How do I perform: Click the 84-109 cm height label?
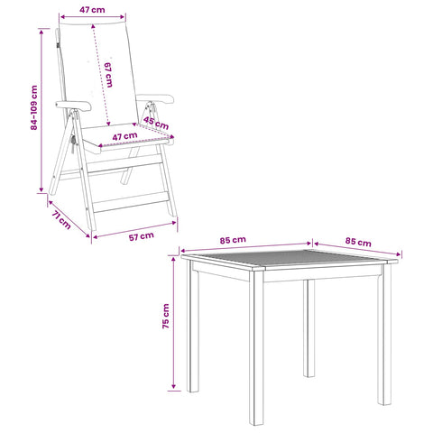pyautogui.click(x=34, y=107)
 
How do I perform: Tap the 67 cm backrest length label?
pyautogui.click(x=108, y=75)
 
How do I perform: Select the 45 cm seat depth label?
pyautogui.click(x=156, y=123)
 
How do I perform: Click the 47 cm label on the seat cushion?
pyautogui.click(x=124, y=136)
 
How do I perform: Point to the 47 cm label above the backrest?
pyautogui.click(x=92, y=10)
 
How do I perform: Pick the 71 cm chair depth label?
pyautogui.click(x=61, y=220)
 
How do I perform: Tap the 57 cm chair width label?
pyautogui.click(x=142, y=236)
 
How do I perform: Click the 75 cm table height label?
pyautogui.click(x=166, y=316)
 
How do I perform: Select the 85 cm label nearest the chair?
pyautogui.click(x=233, y=240)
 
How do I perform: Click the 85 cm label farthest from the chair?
pyautogui.click(x=358, y=242)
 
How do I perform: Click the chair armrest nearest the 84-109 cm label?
pyautogui.click(x=73, y=106)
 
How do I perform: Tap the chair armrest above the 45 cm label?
pyautogui.click(x=155, y=98)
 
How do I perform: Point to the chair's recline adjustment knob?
pyautogui.click(x=72, y=141)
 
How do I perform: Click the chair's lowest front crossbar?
pyautogui.click(x=132, y=202)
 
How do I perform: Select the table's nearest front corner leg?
pyautogui.click(x=256, y=346)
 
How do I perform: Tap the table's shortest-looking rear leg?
pyautogui.click(x=309, y=328)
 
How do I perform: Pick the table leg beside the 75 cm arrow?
pyautogui.click(x=192, y=326)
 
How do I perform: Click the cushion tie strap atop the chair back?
pyautogui.click(x=57, y=39)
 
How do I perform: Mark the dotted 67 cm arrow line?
pyautogui.click(x=101, y=75)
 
